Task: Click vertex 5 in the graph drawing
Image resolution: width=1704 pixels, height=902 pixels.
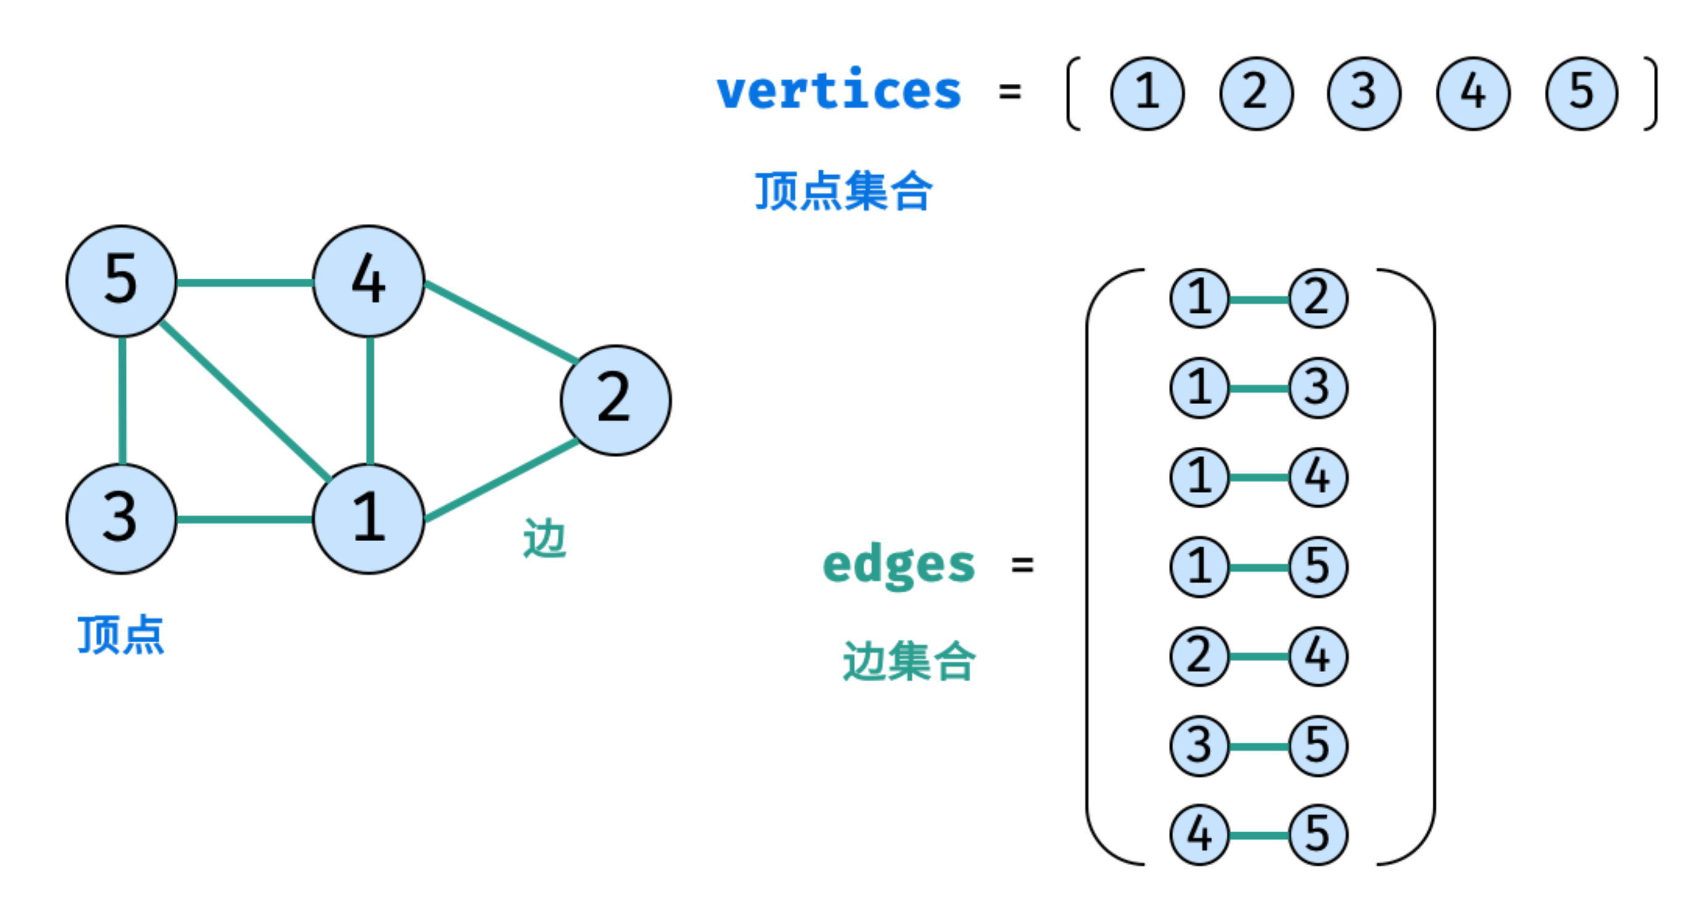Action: click(x=121, y=281)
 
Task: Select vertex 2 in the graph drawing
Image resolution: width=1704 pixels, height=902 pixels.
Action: click(x=615, y=400)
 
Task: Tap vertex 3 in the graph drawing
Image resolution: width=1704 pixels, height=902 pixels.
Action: click(x=121, y=518)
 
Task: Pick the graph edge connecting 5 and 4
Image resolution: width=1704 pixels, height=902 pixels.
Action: click(x=245, y=283)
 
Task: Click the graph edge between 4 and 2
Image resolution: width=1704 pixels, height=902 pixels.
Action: click(x=501, y=322)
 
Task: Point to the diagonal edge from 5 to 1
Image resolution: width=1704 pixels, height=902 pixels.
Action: click(x=245, y=400)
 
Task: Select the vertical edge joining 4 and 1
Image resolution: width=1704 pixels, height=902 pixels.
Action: click(x=370, y=400)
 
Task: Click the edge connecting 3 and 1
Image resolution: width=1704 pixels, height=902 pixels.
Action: click(x=245, y=519)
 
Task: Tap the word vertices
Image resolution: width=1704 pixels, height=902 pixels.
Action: click(x=839, y=91)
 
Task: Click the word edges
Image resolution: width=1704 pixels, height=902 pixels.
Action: click(x=898, y=565)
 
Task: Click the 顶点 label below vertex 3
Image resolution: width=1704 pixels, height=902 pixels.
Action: click(x=121, y=635)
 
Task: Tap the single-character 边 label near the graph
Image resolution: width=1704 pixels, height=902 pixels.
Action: click(x=544, y=538)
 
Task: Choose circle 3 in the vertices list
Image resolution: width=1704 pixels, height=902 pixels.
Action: click(x=1364, y=93)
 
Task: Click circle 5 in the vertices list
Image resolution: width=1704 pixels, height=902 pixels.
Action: click(x=1581, y=93)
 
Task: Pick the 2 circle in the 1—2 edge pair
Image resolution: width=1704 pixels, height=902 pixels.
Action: click(x=1317, y=298)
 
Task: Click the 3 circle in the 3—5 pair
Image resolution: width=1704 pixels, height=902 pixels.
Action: click(x=1199, y=745)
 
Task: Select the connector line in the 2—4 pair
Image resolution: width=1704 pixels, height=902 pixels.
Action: click(x=1258, y=656)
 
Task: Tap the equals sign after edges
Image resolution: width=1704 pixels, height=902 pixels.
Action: click(x=1022, y=565)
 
